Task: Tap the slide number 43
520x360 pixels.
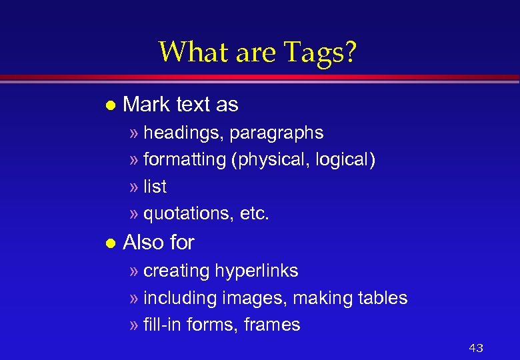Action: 476,347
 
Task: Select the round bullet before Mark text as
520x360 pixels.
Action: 111,105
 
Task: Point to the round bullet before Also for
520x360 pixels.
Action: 111,243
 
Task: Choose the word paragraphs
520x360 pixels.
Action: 277,133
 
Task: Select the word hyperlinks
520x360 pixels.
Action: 257,271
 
